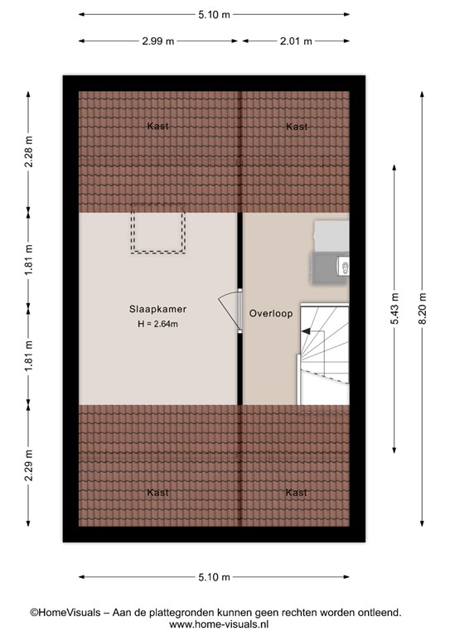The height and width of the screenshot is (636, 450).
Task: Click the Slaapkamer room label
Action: [x=157, y=309]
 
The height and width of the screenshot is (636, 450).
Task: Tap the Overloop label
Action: [x=271, y=314]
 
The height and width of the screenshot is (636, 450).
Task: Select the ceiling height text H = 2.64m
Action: [x=157, y=324]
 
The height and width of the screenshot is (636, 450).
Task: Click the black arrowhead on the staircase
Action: [x=306, y=331]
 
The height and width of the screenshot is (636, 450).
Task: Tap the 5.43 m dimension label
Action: [x=394, y=308]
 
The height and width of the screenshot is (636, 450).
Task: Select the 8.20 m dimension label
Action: [x=422, y=308]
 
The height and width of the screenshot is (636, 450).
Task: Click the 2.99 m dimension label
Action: [x=157, y=41]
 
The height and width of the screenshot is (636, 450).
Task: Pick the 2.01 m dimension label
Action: [x=296, y=41]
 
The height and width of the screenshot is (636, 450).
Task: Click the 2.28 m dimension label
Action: [x=28, y=152]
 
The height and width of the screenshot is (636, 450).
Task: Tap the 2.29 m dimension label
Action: [x=28, y=465]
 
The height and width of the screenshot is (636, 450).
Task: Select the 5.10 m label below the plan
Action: [x=214, y=576]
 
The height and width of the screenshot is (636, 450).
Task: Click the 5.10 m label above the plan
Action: [x=214, y=15]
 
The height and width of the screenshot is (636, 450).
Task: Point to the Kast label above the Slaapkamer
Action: [x=157, y=126]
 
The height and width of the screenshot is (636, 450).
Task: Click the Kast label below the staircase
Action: [x=296, y=493]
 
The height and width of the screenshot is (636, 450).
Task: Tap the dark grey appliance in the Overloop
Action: [x=330, y=267]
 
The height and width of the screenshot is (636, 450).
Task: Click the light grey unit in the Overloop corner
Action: [x=331, y=236]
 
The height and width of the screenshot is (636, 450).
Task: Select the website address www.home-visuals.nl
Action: [x=219, y=624]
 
